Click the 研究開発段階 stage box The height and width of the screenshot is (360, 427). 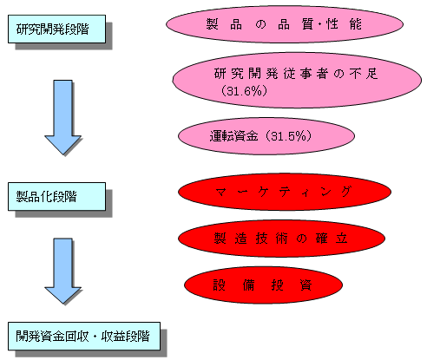tap(56, 29)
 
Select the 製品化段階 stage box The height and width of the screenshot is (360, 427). tap(56, 196)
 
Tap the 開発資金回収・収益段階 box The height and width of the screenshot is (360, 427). tap(84, 336)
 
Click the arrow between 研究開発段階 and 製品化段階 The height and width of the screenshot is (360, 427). tap(62, 117)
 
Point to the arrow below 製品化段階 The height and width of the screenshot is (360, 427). tap(62, 271)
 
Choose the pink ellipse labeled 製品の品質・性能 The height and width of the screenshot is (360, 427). tap(285, 24)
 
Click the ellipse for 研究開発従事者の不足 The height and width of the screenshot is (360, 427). tap(297, 81)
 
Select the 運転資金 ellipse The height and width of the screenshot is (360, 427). tap(266, 136)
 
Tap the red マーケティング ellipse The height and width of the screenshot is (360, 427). tap(285, 192)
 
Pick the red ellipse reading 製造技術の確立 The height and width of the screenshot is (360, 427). tap(281, 239)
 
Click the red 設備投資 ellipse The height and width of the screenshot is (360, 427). tap(263, 285)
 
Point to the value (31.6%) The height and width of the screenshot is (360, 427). tap(244, 91)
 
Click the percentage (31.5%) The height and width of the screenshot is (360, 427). tap(288, 135)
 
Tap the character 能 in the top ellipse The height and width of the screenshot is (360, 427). tap(355, 24)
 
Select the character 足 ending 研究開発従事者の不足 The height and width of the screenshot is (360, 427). tap(371, 74)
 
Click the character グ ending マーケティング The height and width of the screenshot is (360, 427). tap(345, 192)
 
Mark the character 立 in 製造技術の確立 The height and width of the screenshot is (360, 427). tap(341, 238)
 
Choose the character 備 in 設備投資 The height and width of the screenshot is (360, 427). tap(248, 285)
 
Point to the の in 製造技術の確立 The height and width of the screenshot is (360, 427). tap(301, 239)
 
